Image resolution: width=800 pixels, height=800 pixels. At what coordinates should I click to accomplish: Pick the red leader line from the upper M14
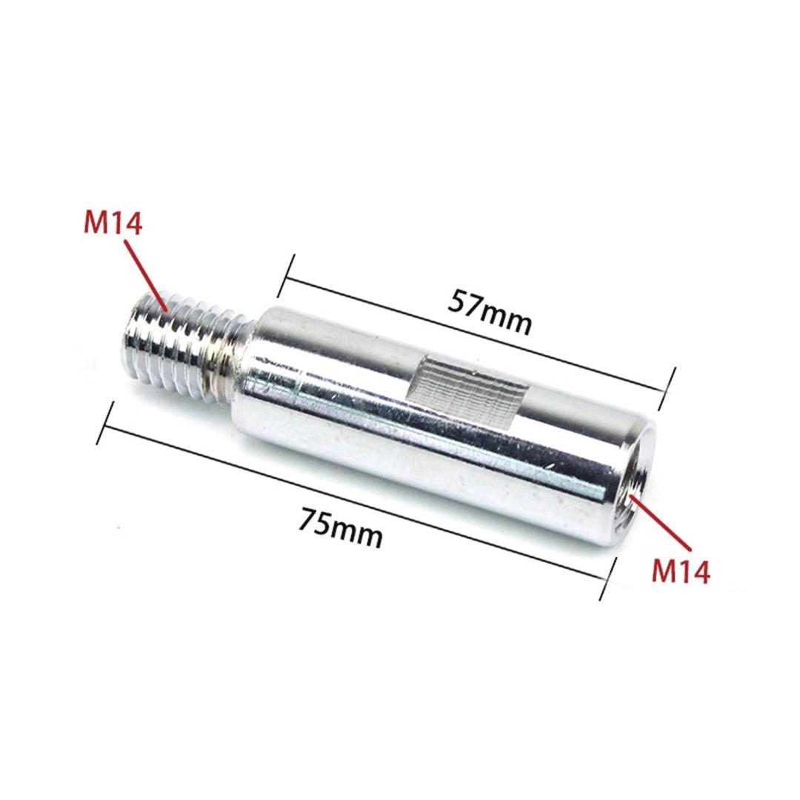pos(146,275)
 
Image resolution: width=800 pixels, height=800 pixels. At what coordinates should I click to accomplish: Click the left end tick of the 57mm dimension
pos(286,276)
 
